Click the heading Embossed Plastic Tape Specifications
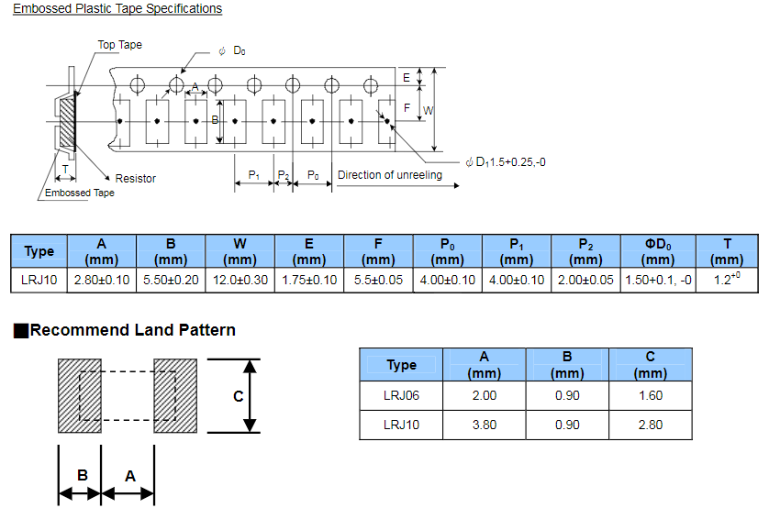click(117, 9)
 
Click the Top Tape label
click(120, 45)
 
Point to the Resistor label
click(135, 179)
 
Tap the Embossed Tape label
click(80, 193)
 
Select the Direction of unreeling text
click(389, 175)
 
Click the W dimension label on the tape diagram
click(428, 111)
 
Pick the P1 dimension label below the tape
click(254, 175)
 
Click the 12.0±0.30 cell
click(240, 280)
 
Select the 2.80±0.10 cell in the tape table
click(102, 280)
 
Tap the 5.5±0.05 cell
click(378, 280)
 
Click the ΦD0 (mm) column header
click(658, 251)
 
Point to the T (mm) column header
click(727, 251)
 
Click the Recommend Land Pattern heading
click(132, 330)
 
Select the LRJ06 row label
click(401, 395)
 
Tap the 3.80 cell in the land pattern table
click(484, 425)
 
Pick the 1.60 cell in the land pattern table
click(651, 395)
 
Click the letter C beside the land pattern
click(238, 396)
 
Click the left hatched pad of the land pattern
click(79, 395)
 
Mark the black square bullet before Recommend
click(21, 331)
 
